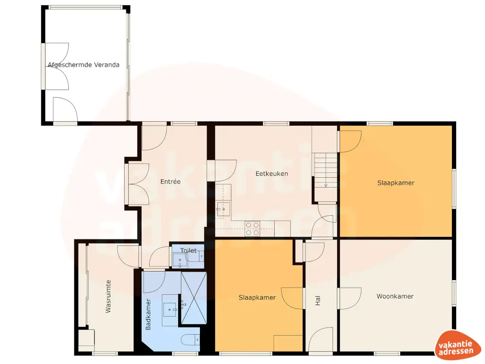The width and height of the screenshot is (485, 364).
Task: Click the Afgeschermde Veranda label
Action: (x=83, y=65)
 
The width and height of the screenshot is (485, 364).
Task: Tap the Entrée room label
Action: (x=171, y=182)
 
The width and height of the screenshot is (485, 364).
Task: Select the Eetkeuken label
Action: (x=272, y=174)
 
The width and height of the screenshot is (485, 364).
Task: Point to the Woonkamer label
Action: (x=395, y=297)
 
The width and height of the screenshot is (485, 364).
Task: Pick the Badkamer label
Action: (x=148, y=314)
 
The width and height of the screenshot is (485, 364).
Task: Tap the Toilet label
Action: (x=189, y=251)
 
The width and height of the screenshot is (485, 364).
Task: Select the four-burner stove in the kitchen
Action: (x=252, y=228)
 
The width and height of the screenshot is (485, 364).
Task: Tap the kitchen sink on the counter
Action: (x=223, y=209)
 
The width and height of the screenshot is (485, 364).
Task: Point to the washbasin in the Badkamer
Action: (x=170, y=309)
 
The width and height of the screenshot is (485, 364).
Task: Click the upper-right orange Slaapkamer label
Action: (x=396, y=183)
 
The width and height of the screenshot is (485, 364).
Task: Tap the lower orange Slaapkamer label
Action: (x=257, y=298)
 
